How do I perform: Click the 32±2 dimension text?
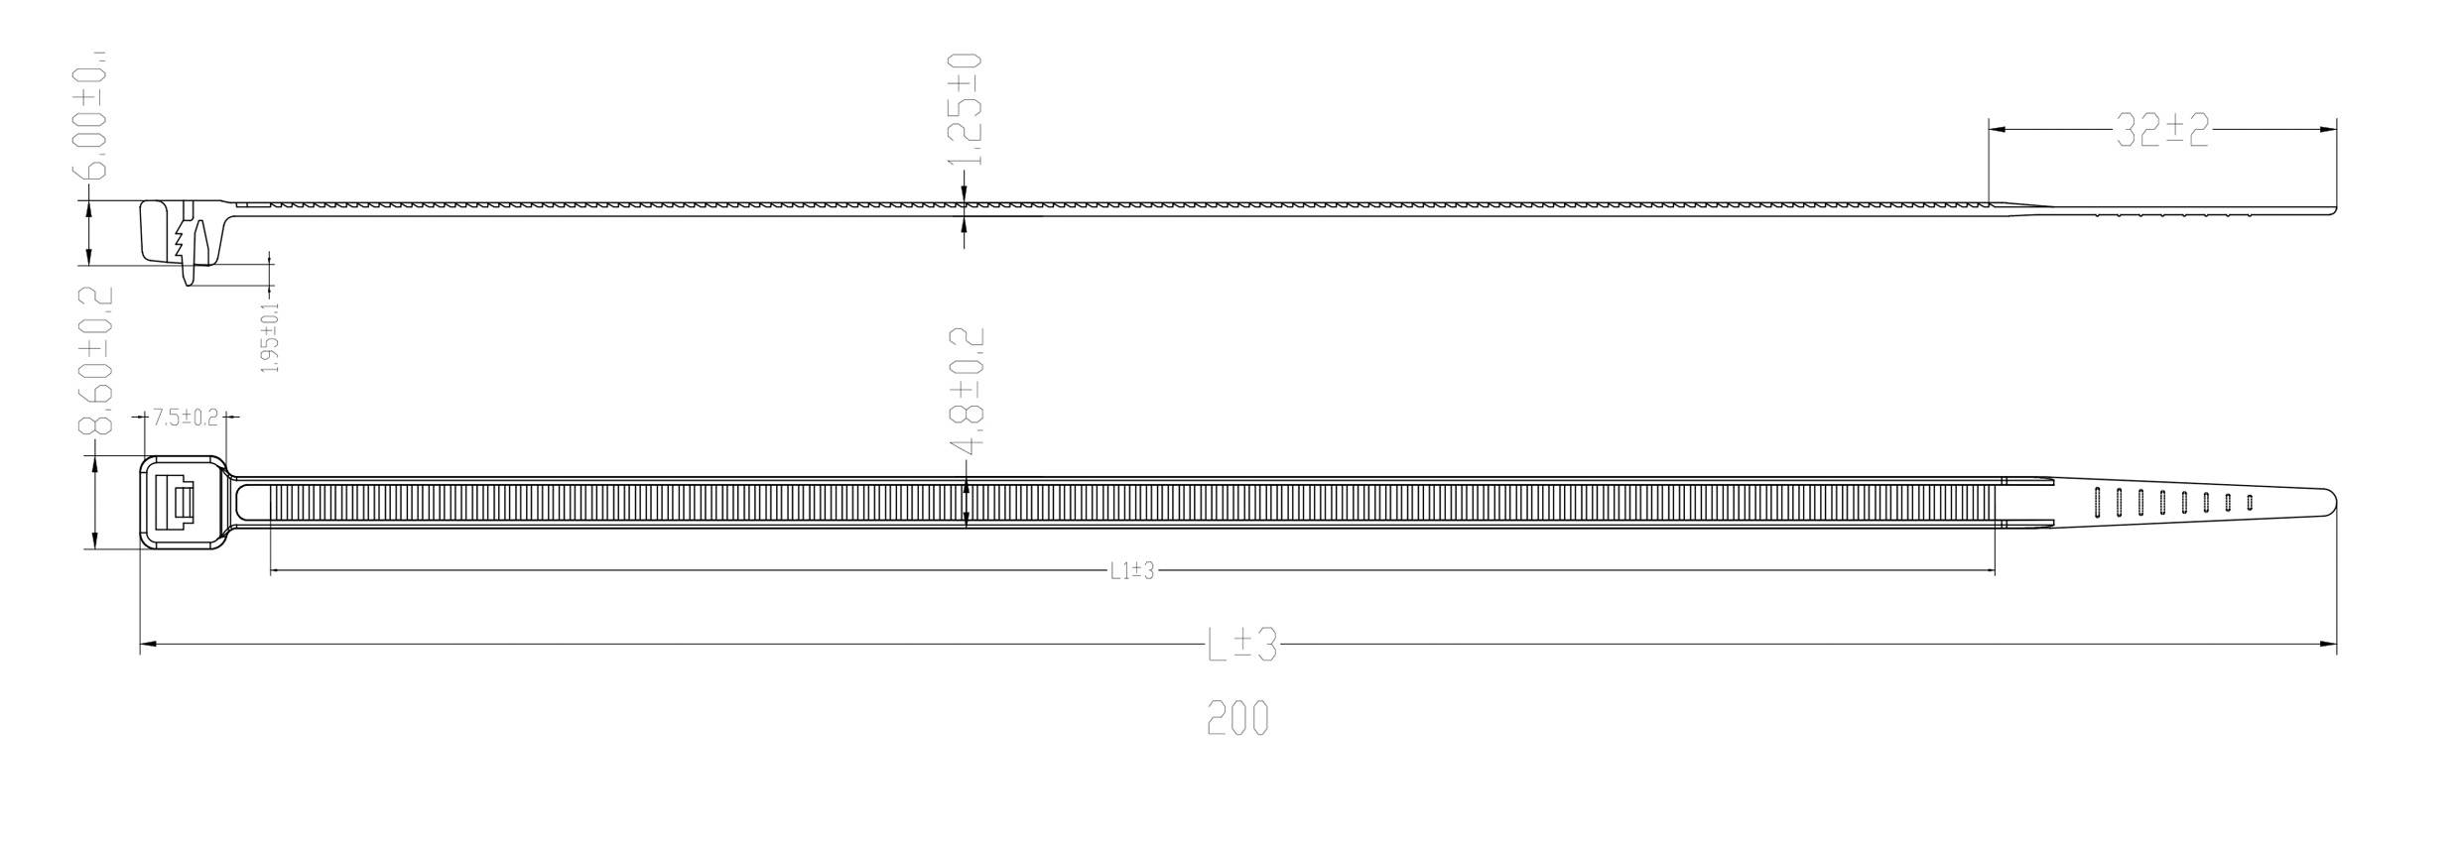(x=2162, y=130)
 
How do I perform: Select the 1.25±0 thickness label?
(x=965, y=109)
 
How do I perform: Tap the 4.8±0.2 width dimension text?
(x=968, y=393)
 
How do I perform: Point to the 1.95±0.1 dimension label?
(x=270, y=338)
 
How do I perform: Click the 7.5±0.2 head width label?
(x=185, y=418)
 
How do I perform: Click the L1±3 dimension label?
(x=1132, y=571)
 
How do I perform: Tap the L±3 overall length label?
(x=1241, y=646)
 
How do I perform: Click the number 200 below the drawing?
(x=1237, y=718)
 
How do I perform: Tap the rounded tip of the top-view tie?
(x=2331, y=502)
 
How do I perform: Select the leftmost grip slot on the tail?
(x=2097, y=503)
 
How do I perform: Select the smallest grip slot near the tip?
(x=2249, y=503)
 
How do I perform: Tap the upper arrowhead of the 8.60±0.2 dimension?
(x=93, y=463)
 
